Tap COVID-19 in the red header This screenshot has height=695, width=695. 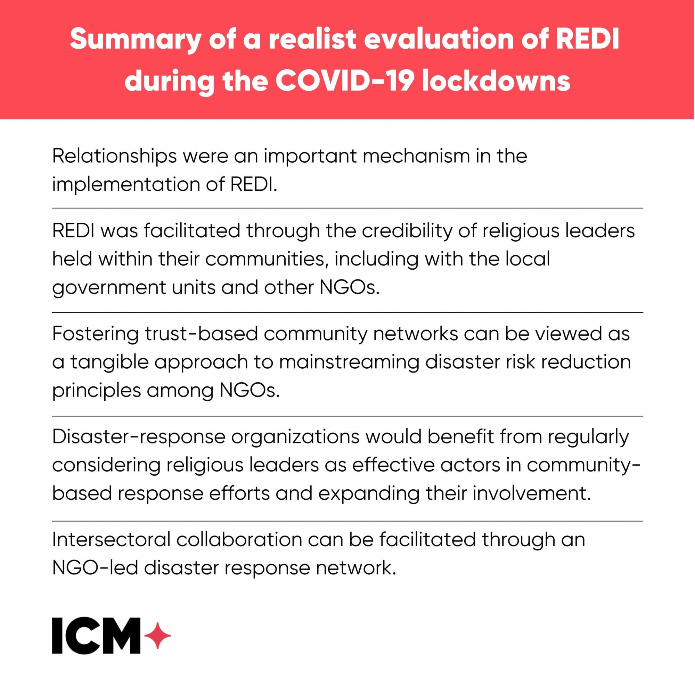(x=343, y=81)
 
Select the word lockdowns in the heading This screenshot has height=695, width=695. (x=496, y=81)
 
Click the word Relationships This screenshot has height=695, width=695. (x=114, y=157)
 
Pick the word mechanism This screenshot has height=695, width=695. (x=416, y=156)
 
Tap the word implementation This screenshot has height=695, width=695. (x=126, y=185)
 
